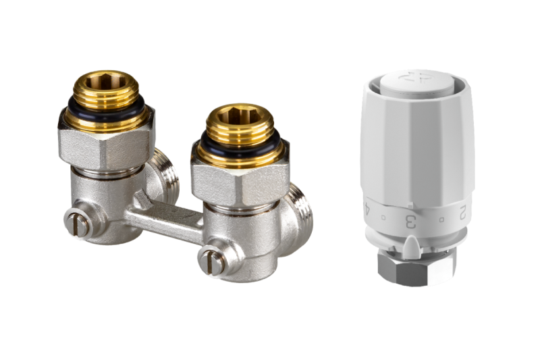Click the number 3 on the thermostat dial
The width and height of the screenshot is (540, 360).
pyautogui.click(x=411, y=222)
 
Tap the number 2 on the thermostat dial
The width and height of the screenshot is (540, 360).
pyautogui.click(x=462, y=212)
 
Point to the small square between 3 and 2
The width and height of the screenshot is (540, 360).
pyautogui.click(x=442, y=220)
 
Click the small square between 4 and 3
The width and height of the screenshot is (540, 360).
pyautogui.click(x=383, y=217)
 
